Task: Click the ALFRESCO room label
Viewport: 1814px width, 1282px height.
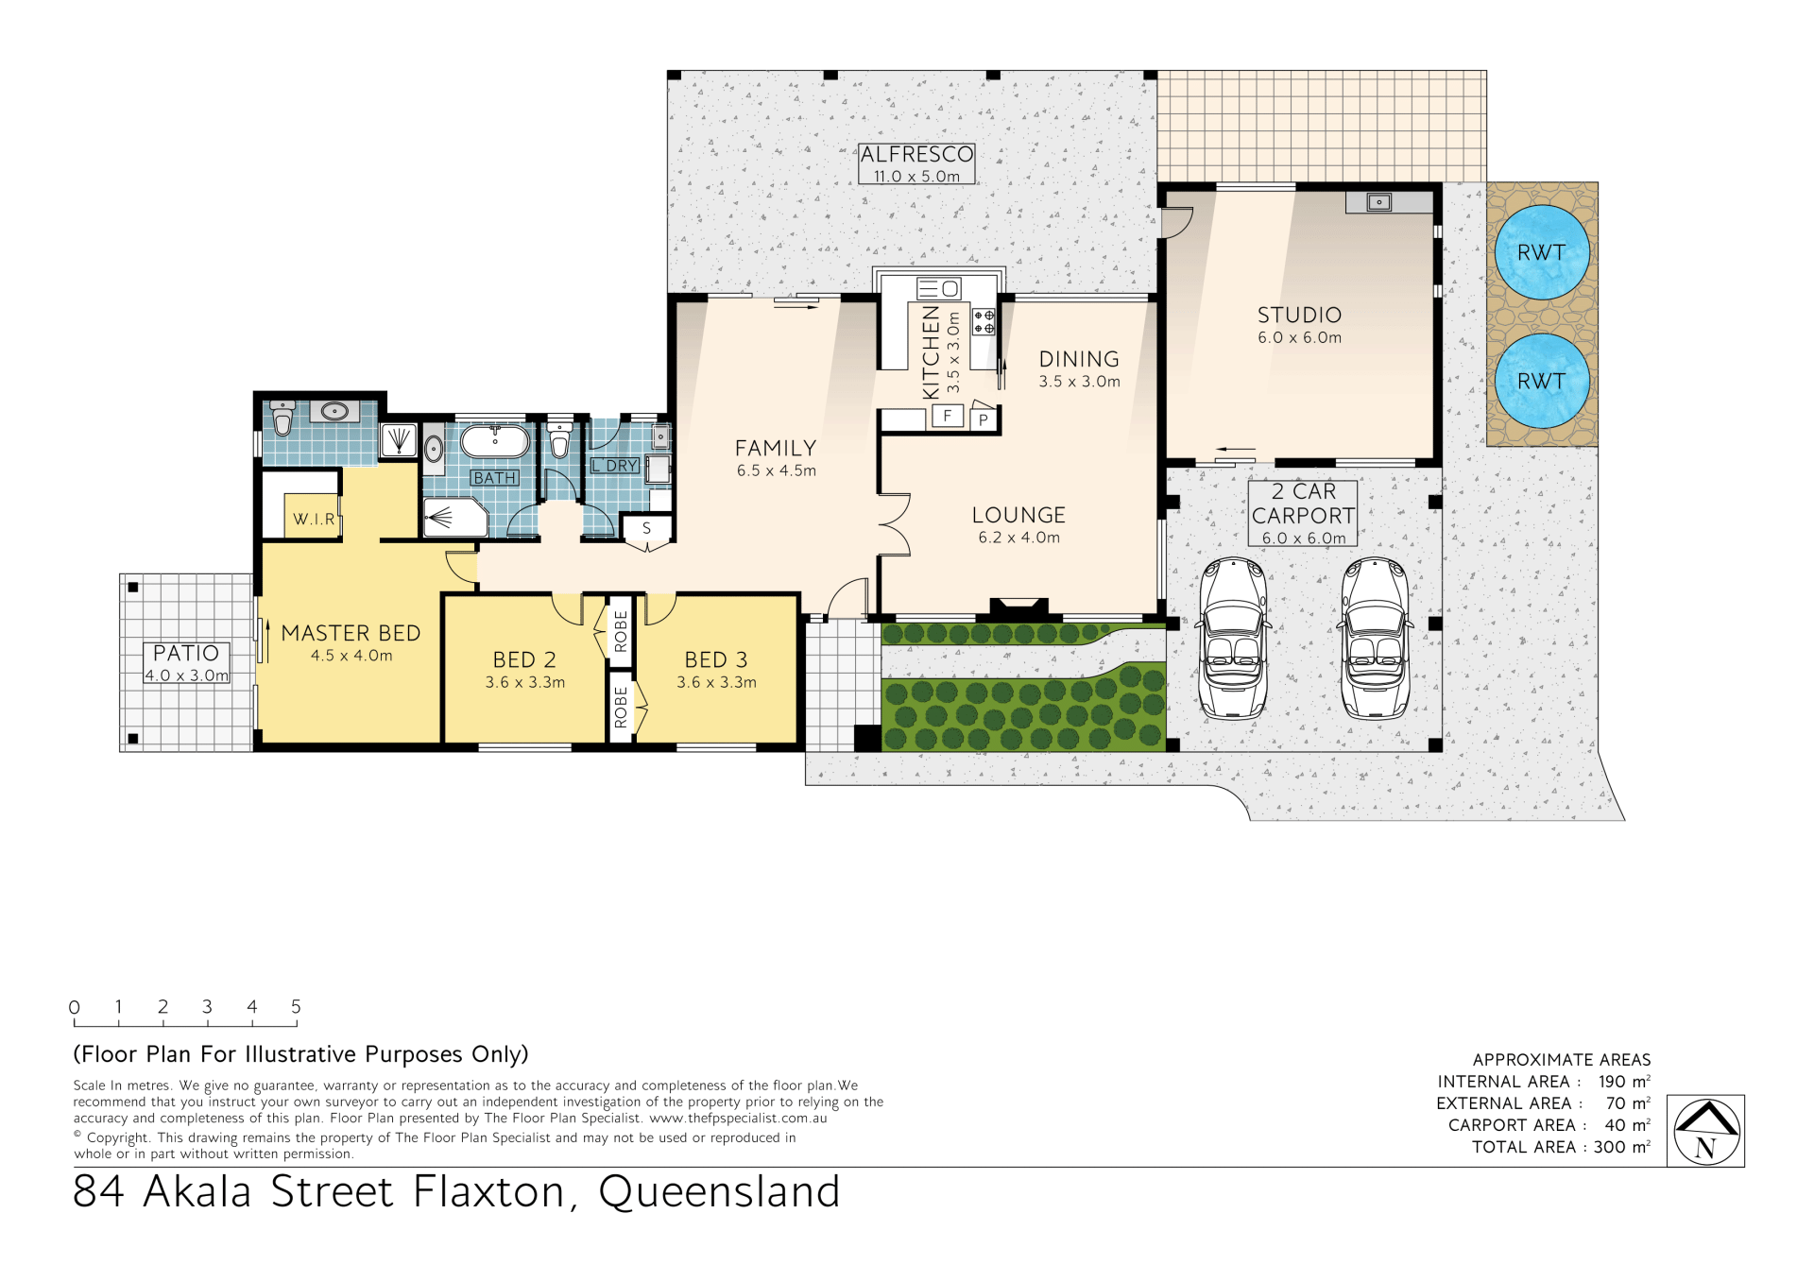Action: (x=916, y=154)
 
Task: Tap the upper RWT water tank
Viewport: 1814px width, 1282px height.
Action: (x=1542, y=252)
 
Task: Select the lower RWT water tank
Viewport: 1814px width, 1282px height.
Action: (x=1542, y=381)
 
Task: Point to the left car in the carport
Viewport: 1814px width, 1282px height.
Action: (x=1233, y=638)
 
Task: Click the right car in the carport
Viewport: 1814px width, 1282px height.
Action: (x=1377, y=638)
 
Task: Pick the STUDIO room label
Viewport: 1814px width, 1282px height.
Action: (x=1299, y=315)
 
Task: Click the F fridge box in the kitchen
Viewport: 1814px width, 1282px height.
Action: (x=948, y=416)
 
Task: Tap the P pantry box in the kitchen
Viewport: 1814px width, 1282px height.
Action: (x=984, y=419)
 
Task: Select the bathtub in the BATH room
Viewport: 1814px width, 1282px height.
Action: (x=495, y=441)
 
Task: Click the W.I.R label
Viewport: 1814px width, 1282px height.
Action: (x=314, y=520)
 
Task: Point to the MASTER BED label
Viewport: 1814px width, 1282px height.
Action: (x=351, y=633)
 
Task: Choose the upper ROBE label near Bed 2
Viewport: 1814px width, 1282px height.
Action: (x=621, y=631)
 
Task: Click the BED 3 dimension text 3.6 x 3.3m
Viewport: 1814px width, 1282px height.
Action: (x=716, y=682)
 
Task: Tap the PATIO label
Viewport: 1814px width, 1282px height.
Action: (x=186, y=653)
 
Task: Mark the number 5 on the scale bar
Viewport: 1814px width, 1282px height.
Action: (x=296, y=1007)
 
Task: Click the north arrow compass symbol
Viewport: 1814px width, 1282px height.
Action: (x=1705, y=1131)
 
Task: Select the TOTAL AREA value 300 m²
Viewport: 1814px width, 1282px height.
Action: (x=1622, y=1147)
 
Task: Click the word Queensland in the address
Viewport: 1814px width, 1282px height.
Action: (x=719, y=1192)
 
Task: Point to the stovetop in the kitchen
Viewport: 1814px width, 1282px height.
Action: (x=984, y=322)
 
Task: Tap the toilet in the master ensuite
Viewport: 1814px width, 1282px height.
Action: (x=282, y=418)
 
